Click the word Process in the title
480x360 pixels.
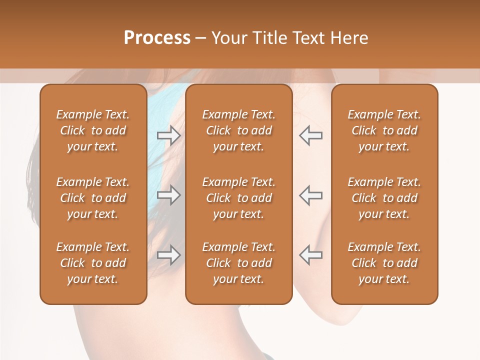(x=157, y=37)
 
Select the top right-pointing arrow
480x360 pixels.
(x=168, y=135)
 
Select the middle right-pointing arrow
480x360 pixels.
(x=168, y=195)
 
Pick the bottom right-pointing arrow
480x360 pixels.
(x=168, y=255)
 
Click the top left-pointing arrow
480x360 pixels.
(x=311, y=135)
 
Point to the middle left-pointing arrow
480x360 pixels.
(x=311, y=195)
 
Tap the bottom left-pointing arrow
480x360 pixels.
(x=311, y=255)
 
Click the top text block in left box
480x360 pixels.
(x=93, y=130)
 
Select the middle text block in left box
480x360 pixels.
(x=93, y=198)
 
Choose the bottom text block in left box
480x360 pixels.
(x=93, y=263)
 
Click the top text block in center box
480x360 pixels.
(x=238, y=130)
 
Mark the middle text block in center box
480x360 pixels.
(x=238, y=198)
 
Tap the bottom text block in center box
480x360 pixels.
(x=238, y=263)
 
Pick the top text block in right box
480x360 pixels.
(x=384, y=130)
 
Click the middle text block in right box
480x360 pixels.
(x=384, y=198)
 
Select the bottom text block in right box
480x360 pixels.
(x=384, y=263)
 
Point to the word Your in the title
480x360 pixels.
(x=228, y=37)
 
